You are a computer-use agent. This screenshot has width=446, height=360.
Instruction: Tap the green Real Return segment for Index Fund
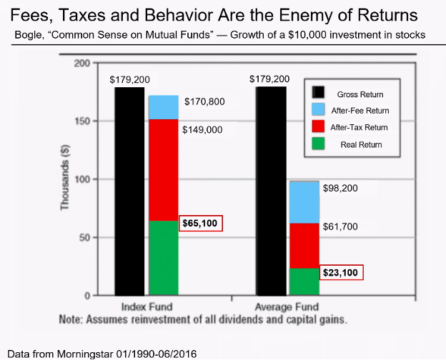point(163,258)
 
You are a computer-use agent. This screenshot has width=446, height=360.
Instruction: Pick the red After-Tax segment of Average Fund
point(304,246)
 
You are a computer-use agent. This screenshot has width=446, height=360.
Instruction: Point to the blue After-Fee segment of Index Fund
point(163,107)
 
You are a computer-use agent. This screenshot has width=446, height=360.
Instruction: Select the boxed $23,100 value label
point(342,272)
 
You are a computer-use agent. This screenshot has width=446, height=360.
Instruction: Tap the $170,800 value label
point(204,102)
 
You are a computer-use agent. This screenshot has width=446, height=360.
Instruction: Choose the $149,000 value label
point(202,130)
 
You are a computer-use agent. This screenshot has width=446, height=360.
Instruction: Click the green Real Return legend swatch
point(318,144)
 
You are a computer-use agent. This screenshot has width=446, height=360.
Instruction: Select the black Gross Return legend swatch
point(318,94)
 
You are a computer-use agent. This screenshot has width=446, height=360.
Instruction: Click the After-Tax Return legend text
point(360,127)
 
